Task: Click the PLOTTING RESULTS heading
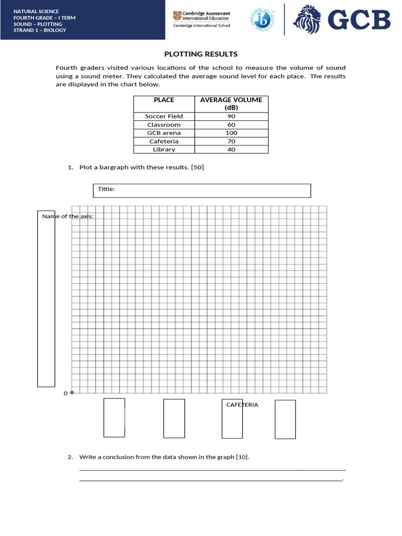(x=201, y=54)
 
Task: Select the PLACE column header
(x=164, y=99)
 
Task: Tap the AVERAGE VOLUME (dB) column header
(x=231, y=103)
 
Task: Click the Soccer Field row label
(x=164, y=116)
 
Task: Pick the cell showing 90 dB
(x=231, y=116)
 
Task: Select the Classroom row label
(x=164, y=125)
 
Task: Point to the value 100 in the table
(x=231, y=133)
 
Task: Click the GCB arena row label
(x=164, y=133)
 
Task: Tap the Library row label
(x=164, y=149)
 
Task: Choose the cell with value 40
(x=231, y=149)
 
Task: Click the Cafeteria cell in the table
(x=164, y=141)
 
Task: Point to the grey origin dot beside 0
(x=72, y=392)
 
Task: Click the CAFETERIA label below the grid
(x=242, y=405)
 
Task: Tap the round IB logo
(x=262, y=19)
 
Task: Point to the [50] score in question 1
(x=197, y=167)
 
